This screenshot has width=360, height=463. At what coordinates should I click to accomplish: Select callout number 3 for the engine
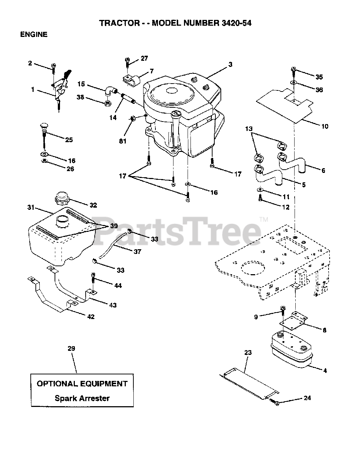pyautogui.click(x=230, y=65)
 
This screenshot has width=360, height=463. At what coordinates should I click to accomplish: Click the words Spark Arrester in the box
pyautogui.click(x=82, y=398)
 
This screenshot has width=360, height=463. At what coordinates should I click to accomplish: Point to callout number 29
pyautogui.click(x=71, y=348)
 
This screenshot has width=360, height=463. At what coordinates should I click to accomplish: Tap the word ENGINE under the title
pyautogui.click(x=34, y=35)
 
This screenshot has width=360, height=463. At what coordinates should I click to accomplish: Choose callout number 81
pyautogui.click(x=123, y=141)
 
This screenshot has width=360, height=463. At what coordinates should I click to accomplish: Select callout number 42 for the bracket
pyautogui.click(x=91, y=317)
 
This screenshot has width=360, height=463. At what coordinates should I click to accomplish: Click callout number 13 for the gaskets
pyautogui.click(x=249, y=129)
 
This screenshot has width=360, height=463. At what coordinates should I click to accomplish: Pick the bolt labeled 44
pyautogui.click(x=93, y=279)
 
